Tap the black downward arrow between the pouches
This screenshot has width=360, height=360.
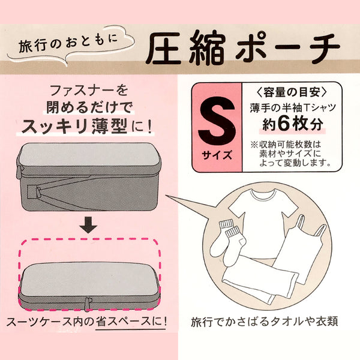88,226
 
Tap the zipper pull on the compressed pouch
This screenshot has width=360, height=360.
87,304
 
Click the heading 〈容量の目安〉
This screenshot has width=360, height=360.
292,92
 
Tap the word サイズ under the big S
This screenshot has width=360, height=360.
217,155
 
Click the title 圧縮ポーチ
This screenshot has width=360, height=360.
242,49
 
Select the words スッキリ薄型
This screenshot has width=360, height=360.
75,127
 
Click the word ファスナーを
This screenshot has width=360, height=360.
89,90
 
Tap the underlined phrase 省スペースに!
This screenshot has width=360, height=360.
131,322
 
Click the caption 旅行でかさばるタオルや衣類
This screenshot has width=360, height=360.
265,322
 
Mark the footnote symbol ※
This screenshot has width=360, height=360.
254,145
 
